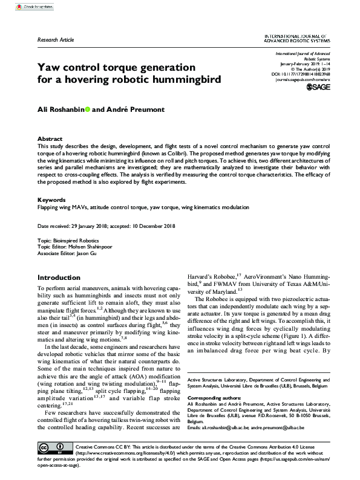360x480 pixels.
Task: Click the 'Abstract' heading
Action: (x=50, y=138)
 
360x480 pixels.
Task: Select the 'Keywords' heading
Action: (x=51, y=199)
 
